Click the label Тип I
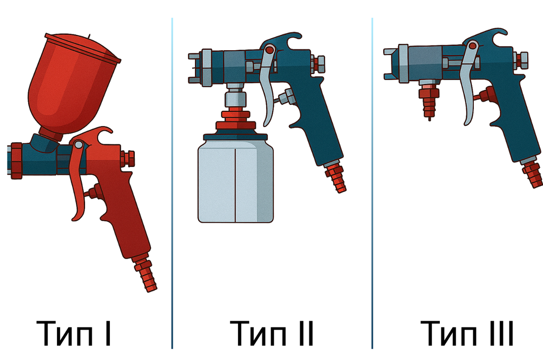tap(73, 333)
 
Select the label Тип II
tap(271, 333)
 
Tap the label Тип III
tap(467, 333)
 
